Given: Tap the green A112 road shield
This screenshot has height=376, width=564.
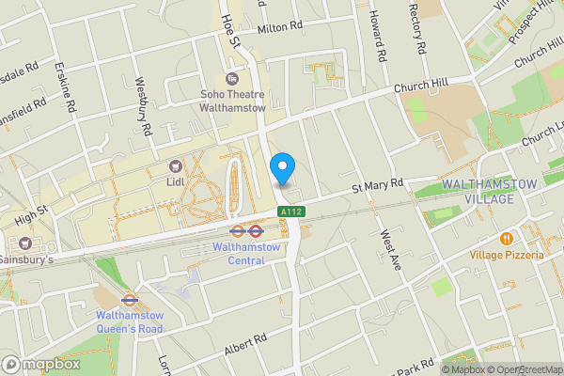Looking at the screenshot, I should (290, 213).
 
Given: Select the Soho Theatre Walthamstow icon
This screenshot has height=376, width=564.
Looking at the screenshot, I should (232, 79).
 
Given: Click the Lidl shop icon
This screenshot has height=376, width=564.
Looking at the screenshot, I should (175, 165).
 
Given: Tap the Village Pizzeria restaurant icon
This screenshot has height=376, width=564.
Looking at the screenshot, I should (506, 239).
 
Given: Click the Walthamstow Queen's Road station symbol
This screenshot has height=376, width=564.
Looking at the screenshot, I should (130, 302).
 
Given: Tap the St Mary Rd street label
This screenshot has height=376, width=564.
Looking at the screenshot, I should (377, 186).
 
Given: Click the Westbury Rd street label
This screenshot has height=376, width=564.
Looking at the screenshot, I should (143, 106).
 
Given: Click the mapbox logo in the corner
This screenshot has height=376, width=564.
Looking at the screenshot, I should (42, 364).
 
